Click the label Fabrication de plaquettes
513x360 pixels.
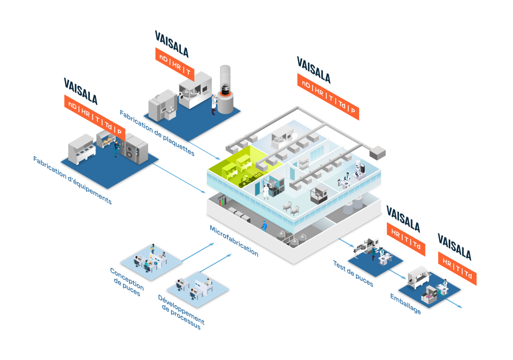point(157,133)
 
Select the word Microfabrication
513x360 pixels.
point(234,241)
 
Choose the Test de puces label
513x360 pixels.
point(353,273)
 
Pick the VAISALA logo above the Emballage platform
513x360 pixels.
point(454,246)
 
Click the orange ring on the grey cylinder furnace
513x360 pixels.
point(225,92)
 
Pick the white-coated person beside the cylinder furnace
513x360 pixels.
point(213,104)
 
